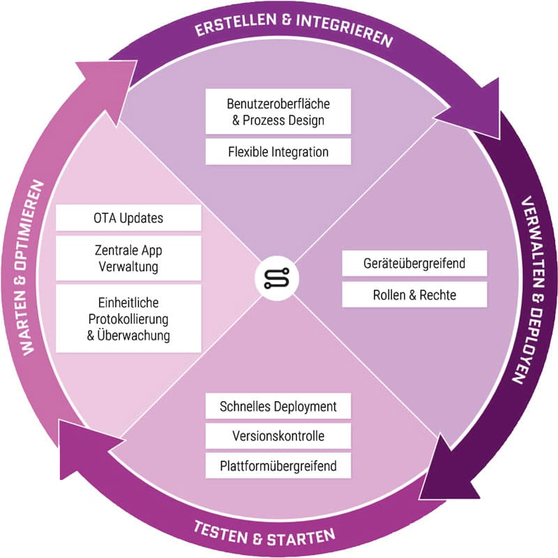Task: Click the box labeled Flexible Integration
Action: coord(278,151)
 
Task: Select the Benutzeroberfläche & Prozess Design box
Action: coord(278,112)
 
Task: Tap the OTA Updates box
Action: coord(128,218)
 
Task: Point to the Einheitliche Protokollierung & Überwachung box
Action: coord(128,318)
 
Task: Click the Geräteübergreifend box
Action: coord(414,264)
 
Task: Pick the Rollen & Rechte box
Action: coord(414,295)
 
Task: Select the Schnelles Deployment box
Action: coord(278,406)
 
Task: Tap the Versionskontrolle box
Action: coord(278,437)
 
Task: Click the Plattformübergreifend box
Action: coord(278,465)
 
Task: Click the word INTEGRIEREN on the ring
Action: coord(341,32)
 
